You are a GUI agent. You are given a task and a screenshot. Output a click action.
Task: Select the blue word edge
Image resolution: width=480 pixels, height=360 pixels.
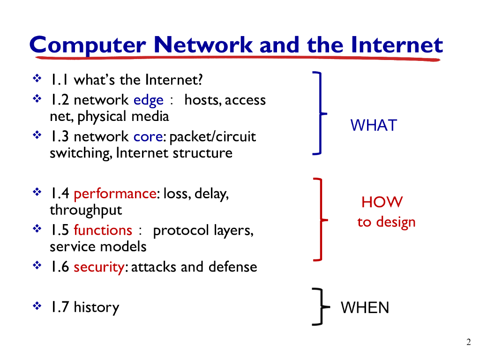coord(149,100)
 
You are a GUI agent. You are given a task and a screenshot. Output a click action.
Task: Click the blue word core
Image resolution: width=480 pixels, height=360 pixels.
coord(148,136)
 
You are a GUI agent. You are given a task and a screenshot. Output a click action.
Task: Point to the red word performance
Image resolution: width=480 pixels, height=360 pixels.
coord(114,193)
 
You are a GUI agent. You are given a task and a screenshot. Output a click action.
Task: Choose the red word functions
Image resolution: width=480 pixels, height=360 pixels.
coord(103,230)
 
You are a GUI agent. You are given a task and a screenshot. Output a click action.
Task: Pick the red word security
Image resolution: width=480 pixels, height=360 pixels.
coord(99,267)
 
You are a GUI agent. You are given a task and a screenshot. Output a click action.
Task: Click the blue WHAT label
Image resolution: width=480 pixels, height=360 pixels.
coord(374,125)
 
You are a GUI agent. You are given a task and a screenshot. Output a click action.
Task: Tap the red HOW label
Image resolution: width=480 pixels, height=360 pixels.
coord(382,202)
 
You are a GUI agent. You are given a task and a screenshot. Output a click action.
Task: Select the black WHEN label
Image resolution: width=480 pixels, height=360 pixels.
coord(365,307)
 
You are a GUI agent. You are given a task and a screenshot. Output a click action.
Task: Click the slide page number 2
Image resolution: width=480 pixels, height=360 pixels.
coord(468,342)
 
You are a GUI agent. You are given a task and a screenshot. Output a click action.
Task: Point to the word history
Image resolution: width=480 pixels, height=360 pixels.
coord(96,307)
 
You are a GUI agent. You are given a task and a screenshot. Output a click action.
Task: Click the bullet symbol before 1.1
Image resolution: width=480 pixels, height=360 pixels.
coord(37,79)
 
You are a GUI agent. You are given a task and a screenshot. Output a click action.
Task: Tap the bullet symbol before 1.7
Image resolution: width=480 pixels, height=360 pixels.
coord(37,307)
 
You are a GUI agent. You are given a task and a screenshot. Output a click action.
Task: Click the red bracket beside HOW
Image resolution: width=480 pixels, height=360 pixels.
coord(321,219)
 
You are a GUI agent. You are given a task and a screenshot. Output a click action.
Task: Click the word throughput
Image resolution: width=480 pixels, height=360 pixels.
coord(86,210)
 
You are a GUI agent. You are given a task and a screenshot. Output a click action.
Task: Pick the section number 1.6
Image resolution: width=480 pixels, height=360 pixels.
coord(60,267)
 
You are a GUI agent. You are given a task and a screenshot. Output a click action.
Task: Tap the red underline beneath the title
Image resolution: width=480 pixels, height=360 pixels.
coord(239,58)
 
